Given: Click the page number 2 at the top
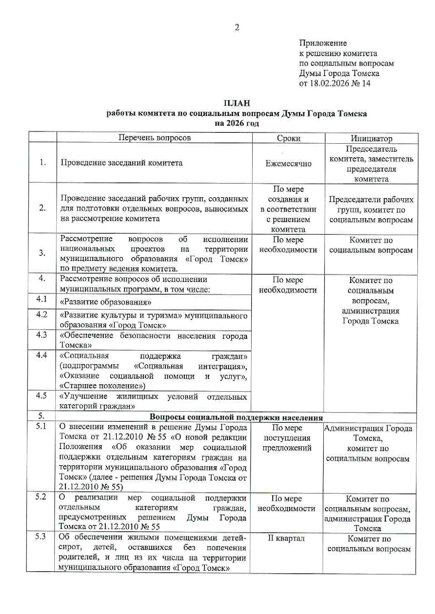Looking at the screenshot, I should (237, 28).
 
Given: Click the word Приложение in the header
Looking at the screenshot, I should (323, 43).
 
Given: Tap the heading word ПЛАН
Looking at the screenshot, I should (237, 103).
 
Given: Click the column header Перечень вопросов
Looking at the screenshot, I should (154, 138).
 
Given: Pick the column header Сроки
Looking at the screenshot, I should (288, 138).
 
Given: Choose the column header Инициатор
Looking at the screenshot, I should (371, 138).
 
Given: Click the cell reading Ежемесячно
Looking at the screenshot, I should (288, 163).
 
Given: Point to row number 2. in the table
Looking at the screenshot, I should (42, 208).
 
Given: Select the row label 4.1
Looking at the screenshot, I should (42, 299).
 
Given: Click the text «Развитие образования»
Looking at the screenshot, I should (106, 302).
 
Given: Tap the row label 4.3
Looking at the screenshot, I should (42, 335).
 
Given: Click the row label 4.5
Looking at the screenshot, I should (41, 396).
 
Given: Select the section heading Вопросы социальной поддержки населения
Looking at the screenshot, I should (236, 418).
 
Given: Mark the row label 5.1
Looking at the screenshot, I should (41, 427).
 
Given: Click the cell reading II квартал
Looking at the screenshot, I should (286, 538).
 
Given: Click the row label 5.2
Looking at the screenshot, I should (41, 497).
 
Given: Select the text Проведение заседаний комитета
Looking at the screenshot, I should (121, 163).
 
